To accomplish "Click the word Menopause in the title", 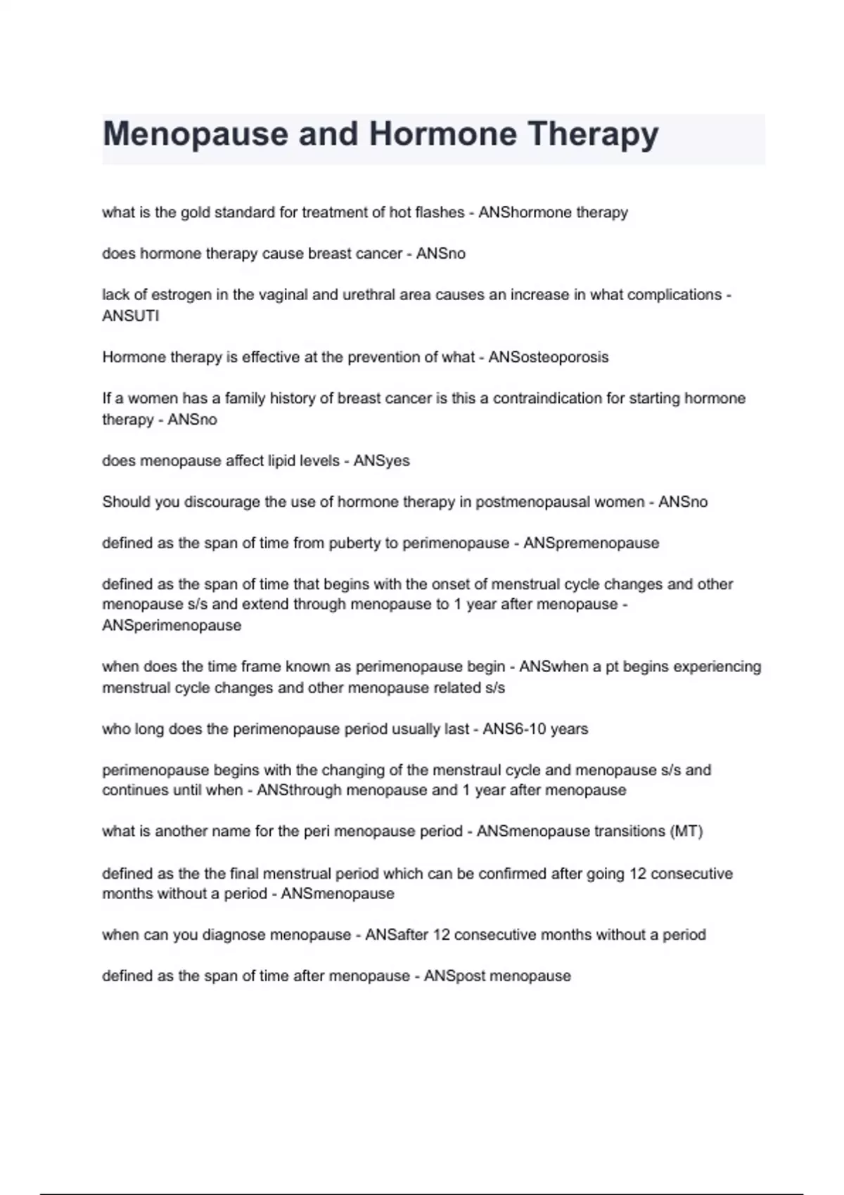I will (x=195, y=134).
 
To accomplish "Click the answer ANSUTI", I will (x=131, y=316).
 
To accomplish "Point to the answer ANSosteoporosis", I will (x=548, y=357).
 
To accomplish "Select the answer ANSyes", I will (x=381, y=461).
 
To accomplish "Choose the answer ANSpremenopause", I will (x=591, y=543).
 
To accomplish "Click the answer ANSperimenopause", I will (x=172, y=626).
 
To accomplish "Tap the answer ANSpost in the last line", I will (x=454, y=976).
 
